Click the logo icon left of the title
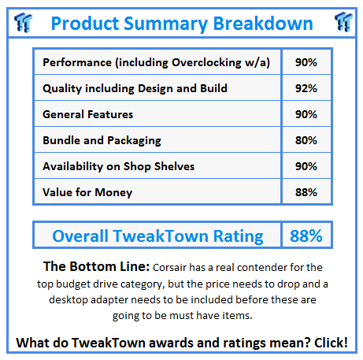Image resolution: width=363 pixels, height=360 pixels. (x=22, y=23)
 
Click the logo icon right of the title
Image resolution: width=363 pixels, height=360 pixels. (x=342, y=23)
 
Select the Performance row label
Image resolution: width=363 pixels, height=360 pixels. (x=157, y=62)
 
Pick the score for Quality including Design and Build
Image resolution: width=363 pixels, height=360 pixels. (x=306, y=88)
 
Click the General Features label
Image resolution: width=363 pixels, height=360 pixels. (x=88, y=114)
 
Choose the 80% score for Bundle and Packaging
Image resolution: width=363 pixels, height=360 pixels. (x=306, y=140)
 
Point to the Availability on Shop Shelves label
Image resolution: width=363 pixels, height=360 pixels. (x=119, y=166)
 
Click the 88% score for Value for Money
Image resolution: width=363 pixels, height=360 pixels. (x=306, y=192)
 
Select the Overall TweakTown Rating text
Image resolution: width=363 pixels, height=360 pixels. (x=158, y=236)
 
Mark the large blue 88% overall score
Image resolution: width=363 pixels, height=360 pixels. (x=306, y=236)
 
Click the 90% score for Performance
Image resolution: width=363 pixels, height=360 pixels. (x=306, y=62)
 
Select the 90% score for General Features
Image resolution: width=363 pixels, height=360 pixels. (x=306, y=114)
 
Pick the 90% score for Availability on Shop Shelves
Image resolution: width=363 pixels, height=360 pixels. (x=306, y=166)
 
